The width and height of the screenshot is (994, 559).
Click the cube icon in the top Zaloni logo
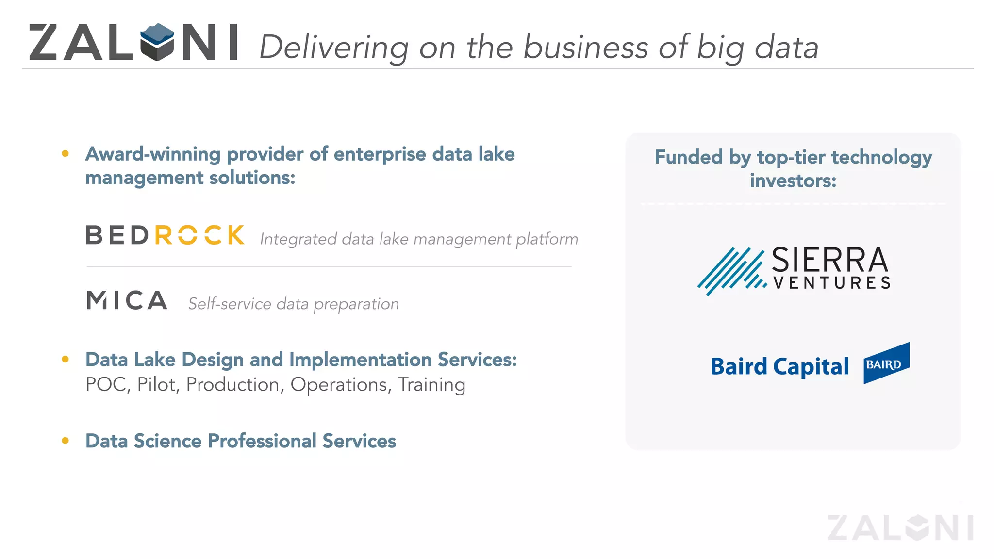[157, 42]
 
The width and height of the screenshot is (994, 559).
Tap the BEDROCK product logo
[165, 235]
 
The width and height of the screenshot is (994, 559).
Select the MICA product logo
[127, 300]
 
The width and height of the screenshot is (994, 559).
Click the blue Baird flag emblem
[886, 363]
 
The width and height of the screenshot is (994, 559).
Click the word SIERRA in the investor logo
[829, 261]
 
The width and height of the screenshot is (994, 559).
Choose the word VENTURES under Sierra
[832, 283]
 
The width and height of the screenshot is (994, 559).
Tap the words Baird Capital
[779, 366]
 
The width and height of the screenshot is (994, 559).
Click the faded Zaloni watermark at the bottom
[900, 527]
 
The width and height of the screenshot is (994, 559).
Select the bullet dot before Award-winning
[66, 154]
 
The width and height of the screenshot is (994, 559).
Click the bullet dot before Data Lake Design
[66, 360]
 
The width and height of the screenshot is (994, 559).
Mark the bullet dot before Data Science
[66, 441]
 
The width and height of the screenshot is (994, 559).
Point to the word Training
[431, 385]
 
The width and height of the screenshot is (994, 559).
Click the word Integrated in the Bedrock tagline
[298, 239]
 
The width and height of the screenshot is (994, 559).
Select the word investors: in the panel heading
[793, 181]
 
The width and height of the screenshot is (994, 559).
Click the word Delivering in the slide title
[334, 48]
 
